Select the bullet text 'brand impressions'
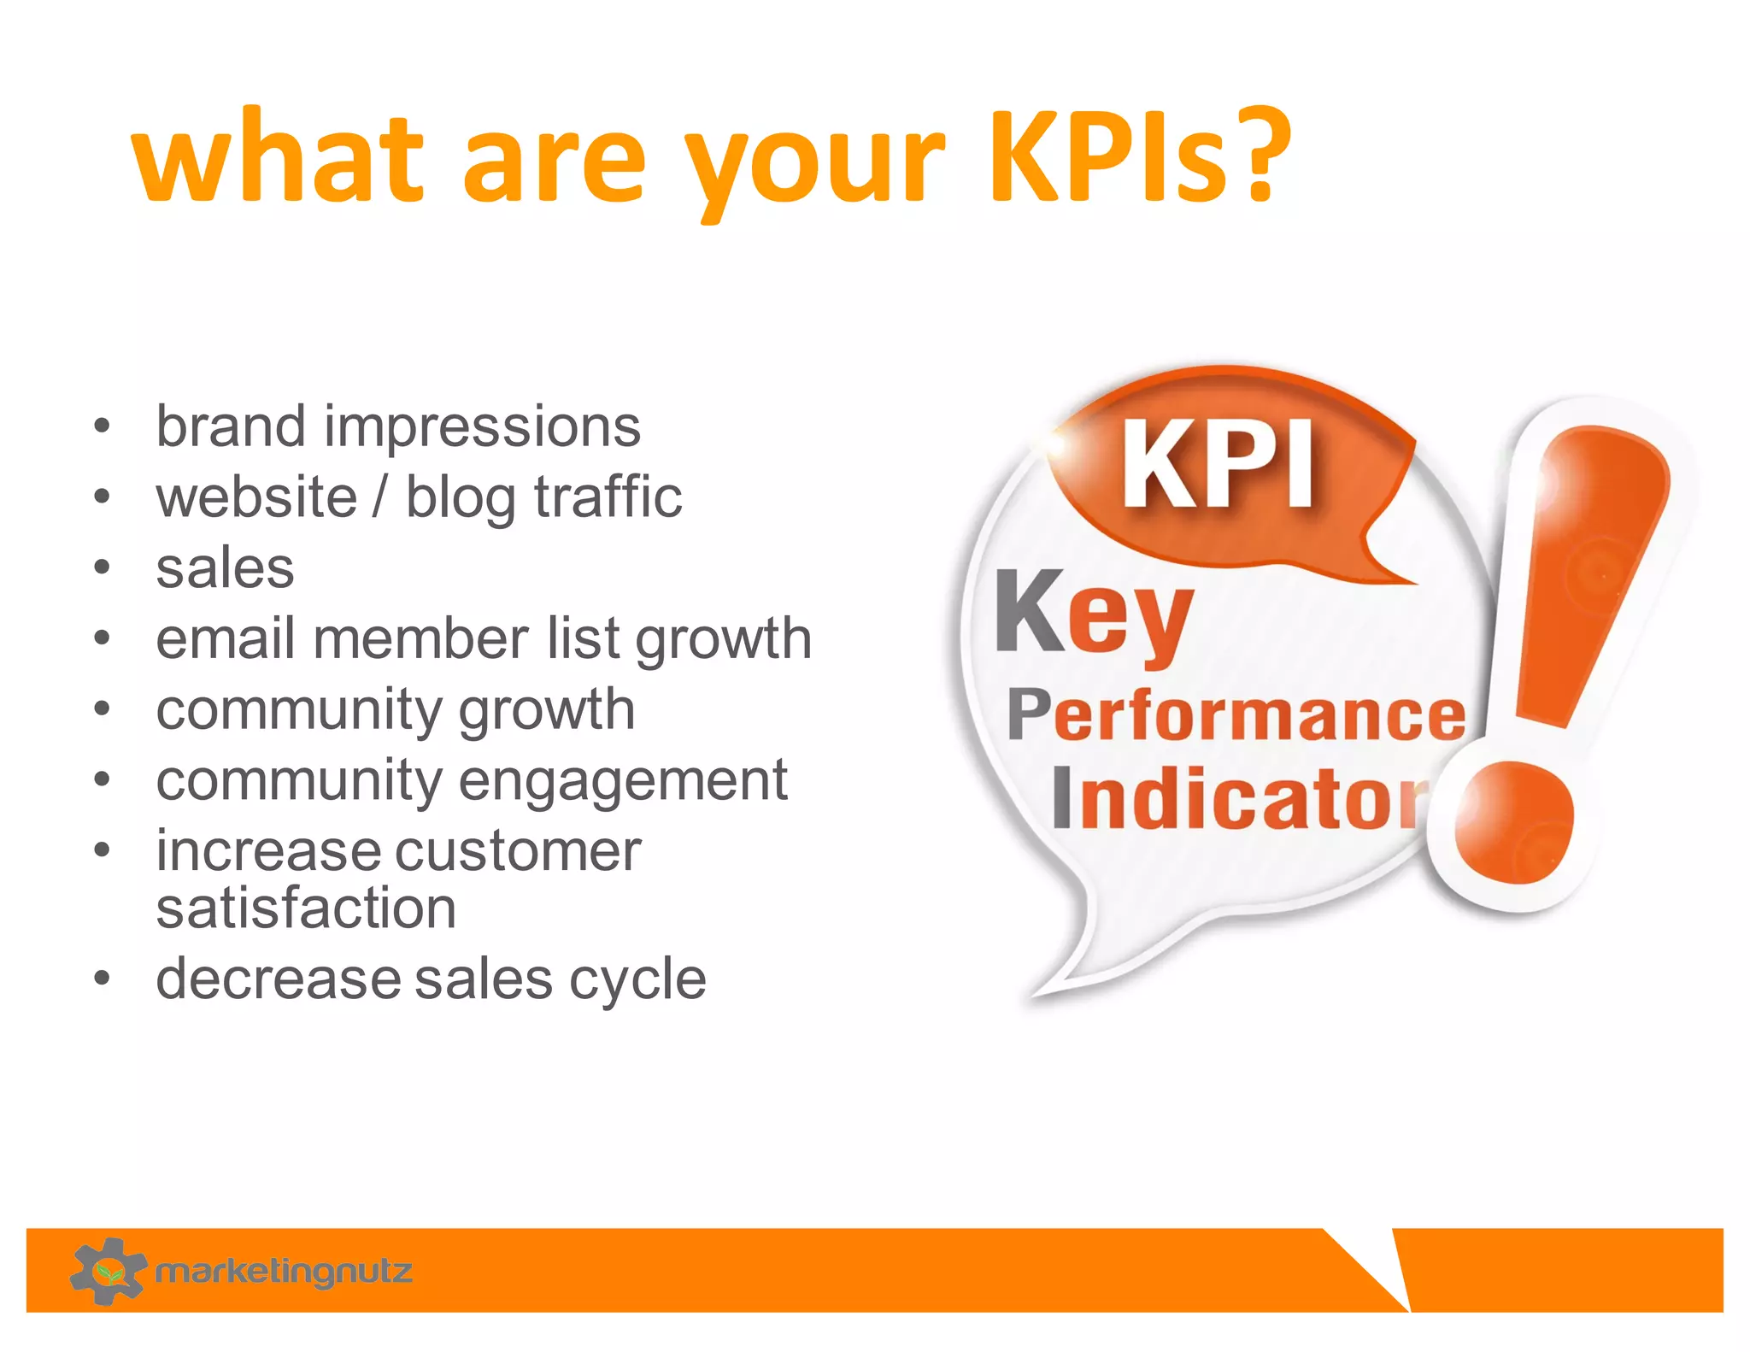tap(397, 426)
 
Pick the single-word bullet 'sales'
tap(225, 568)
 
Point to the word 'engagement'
tap(623, 781)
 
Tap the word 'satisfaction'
tap(306, 908)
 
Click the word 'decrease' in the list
tap(278, 979)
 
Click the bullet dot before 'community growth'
tap(103, 709)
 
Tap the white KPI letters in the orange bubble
tap(1218, 466)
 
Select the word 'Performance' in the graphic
tap(1236, 715)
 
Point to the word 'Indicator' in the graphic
tap(1239, 799)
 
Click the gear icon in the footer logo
tap(108, 1271)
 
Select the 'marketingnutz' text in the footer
tap(284, 1272)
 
